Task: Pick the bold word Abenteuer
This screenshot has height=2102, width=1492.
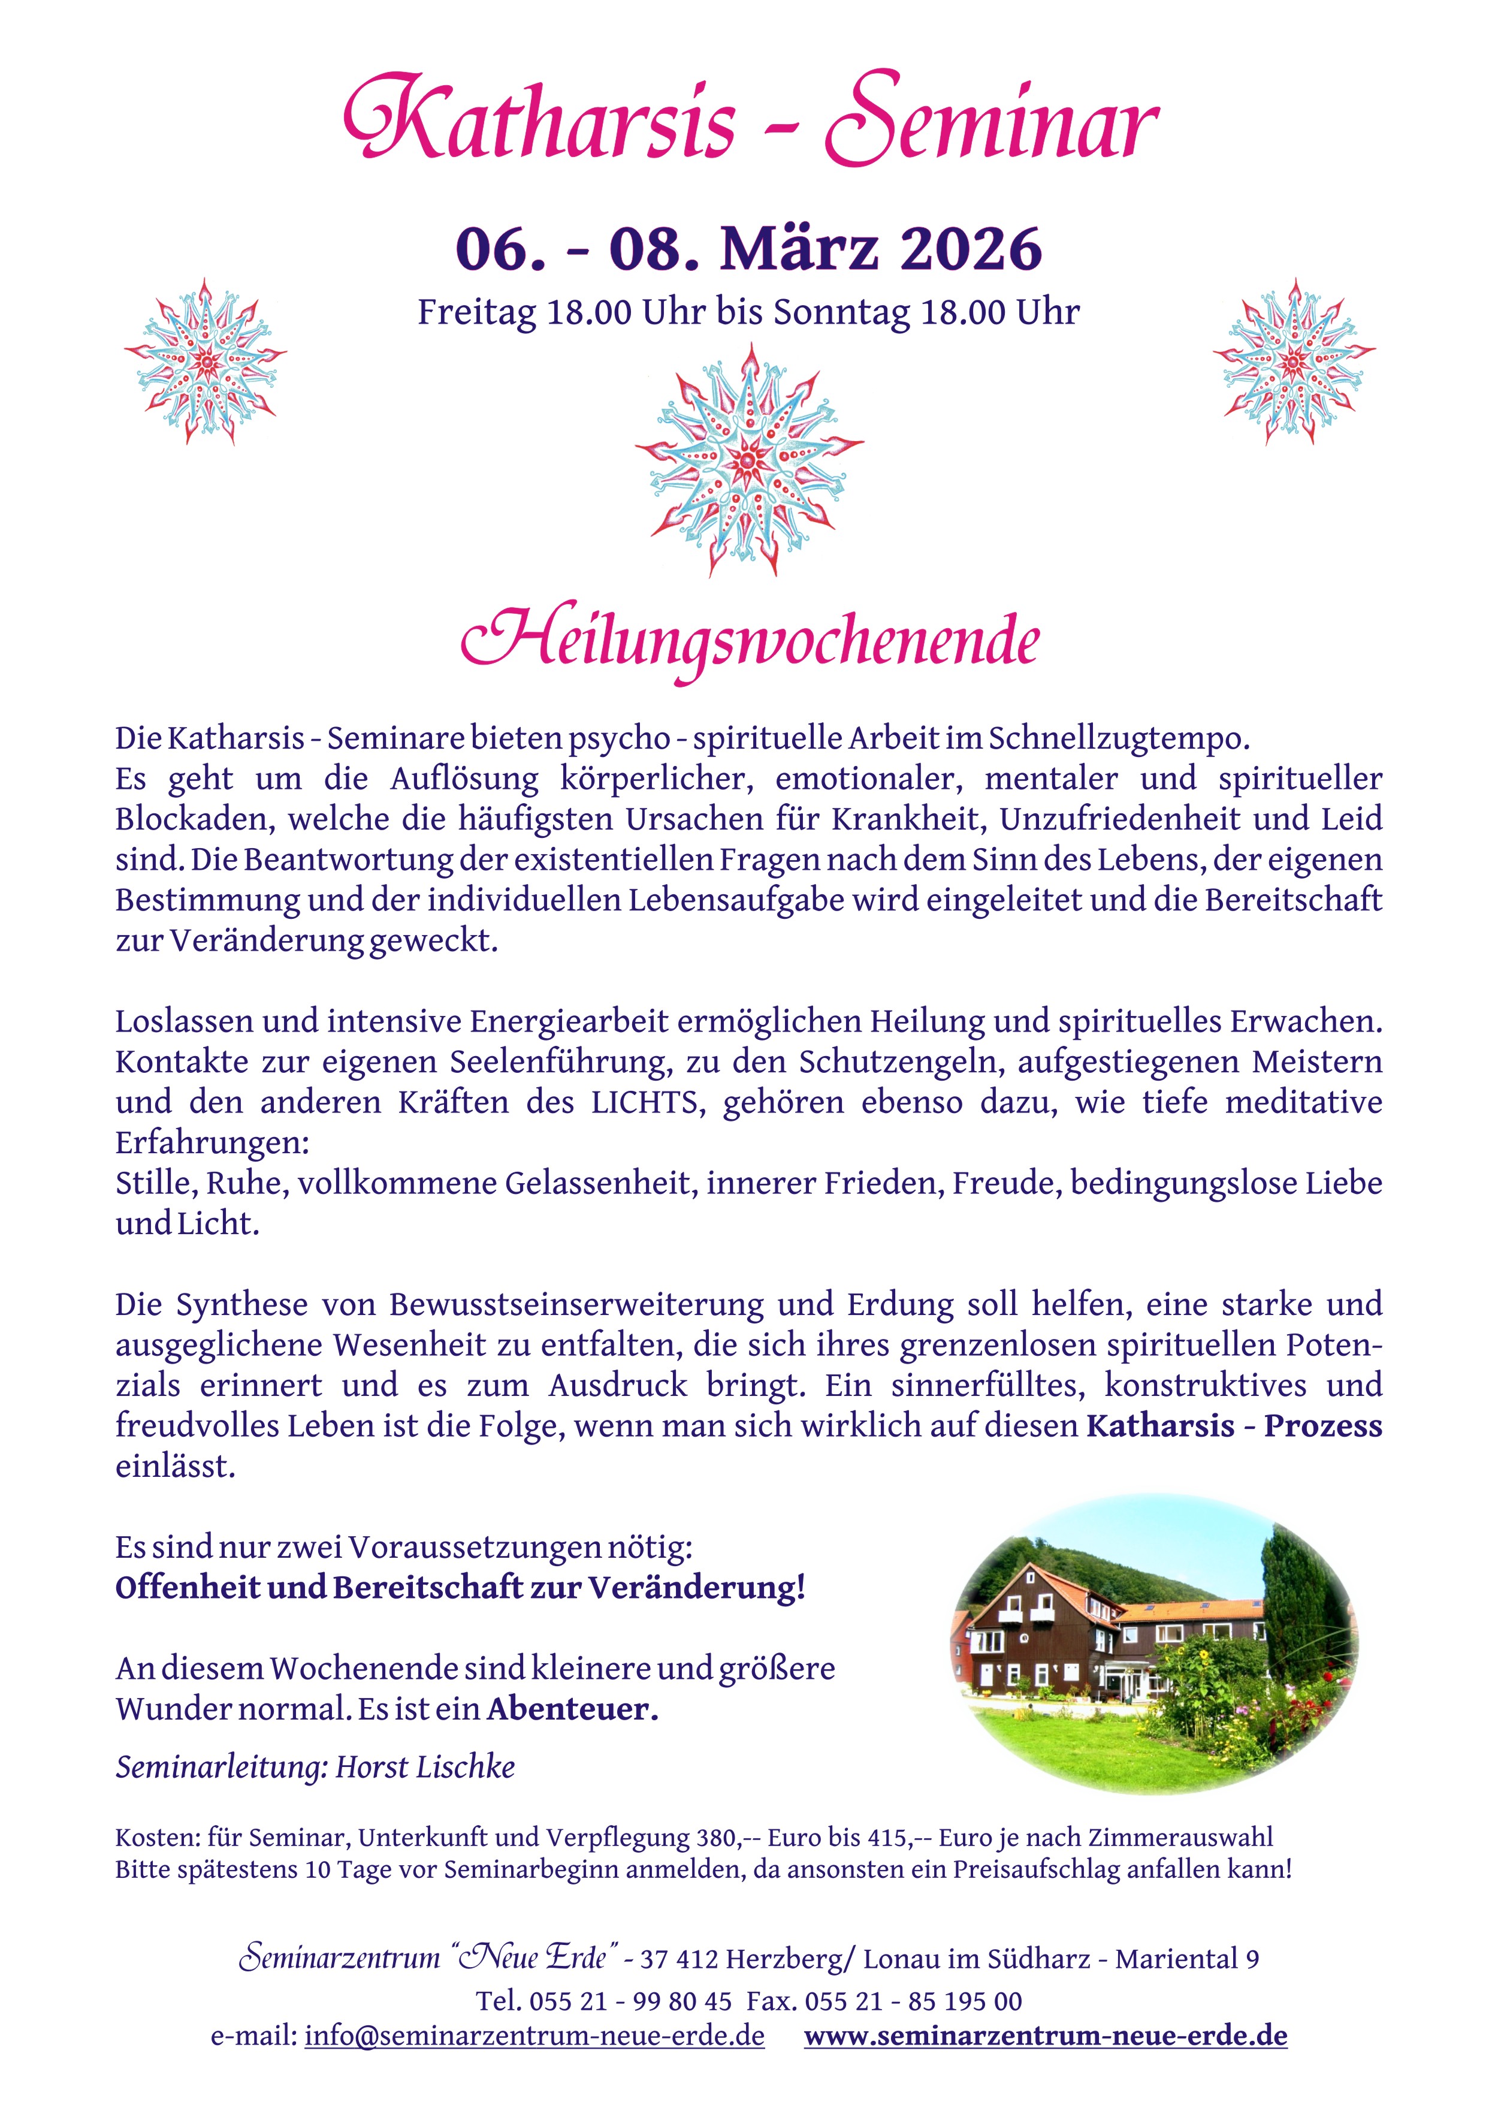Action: pyautogui.click(x=572, y=1709)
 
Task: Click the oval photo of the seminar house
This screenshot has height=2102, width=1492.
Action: pyautogui.click(x=1153, y=1645)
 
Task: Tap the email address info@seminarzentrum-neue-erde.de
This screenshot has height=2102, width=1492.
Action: pyautogui.click(x=534, y=2036)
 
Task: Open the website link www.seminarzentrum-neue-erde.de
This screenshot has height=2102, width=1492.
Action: pyautogui.click(x=1046, y=2036)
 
